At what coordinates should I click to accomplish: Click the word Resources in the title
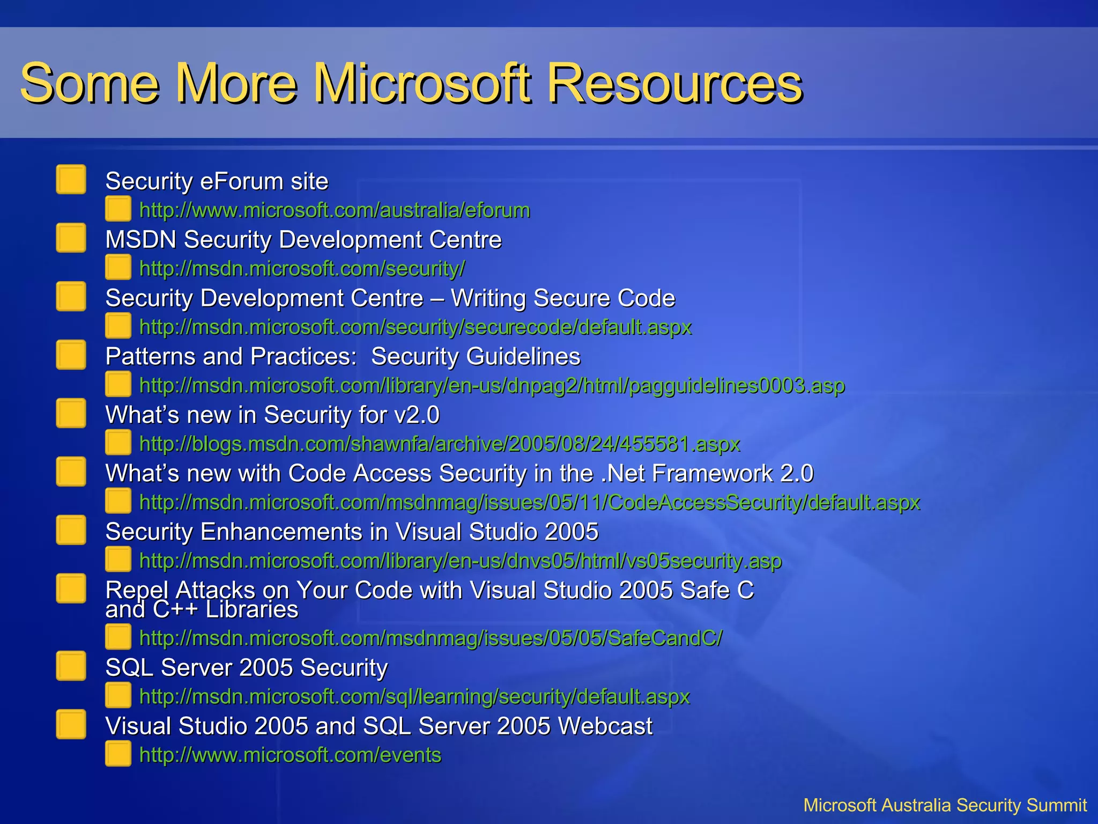[x=674, y=83]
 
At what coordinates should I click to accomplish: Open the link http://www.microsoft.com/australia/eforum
[x=335, y=210]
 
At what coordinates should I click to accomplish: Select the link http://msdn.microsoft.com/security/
[x=302, y=269]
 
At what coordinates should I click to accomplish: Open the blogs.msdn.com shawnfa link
[x=440, y=444]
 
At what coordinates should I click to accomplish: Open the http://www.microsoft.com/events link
[x=290, y=755]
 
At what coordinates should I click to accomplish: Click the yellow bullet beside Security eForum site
[x=71, y=179]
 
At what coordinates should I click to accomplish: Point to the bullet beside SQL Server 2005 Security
[x=71, y=666]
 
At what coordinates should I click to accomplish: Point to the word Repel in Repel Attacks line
[x=137, y=591]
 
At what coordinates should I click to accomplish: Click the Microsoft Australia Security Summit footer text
[x=945, y=805]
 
